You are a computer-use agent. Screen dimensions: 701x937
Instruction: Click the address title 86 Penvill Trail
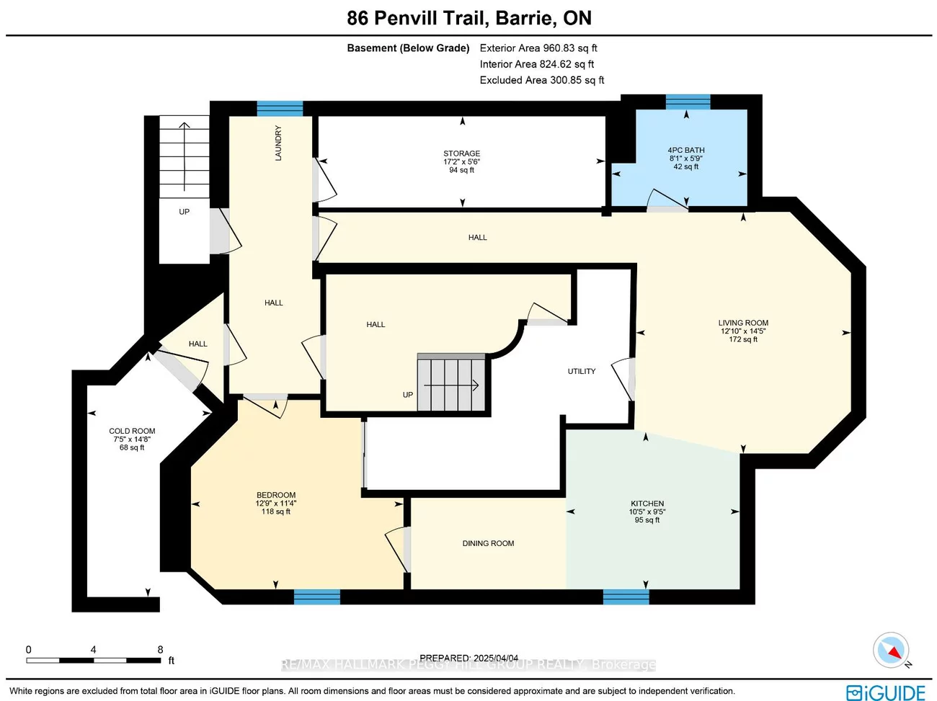point(468,18)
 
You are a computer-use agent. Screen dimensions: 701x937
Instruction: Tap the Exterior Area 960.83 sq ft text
point(538,48)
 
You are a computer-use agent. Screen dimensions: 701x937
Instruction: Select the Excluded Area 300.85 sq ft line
point(541,80)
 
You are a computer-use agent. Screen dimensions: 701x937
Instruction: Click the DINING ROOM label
point(488,543)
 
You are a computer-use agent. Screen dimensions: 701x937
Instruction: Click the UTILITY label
point(581,371)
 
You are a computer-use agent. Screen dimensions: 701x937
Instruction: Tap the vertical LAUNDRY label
point(278,143)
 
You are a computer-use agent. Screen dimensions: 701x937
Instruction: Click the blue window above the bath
point(688,102)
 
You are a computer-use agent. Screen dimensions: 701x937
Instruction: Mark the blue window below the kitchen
point(626,597)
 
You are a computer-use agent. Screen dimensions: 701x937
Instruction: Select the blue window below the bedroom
point(316,597)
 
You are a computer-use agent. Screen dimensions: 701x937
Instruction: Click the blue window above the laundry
point(280,109)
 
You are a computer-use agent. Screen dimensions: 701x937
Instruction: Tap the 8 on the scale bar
point(160,649)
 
